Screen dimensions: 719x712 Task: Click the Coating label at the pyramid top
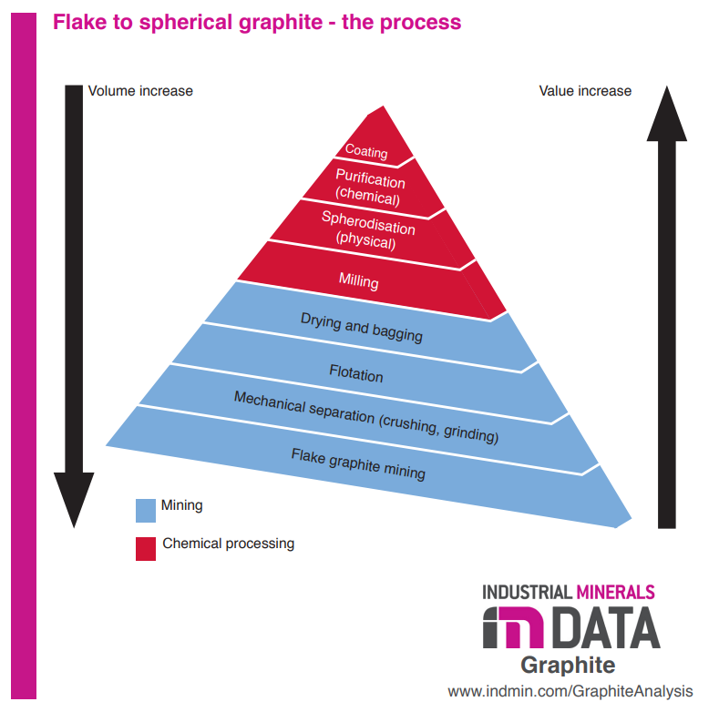pyautogui.click(x=366, y=152)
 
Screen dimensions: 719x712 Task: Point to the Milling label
pyautogui.click(x=358, y=281)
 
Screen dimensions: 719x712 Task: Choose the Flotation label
pyautogui.click(x=355, y=373)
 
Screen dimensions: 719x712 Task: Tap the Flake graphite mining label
pyautogui.click(x=358, y=463)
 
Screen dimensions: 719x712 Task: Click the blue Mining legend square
pyautogui.click(x=146, y=509)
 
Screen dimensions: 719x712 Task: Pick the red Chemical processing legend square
pyautogui.click(x=146, y=548)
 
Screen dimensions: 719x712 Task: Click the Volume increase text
pyautogui.click(x=139, y=91)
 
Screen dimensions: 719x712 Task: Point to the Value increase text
pyautogui.click(x=585, y=91)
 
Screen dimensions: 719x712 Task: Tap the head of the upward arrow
pyautogui.click(x=667, y=114)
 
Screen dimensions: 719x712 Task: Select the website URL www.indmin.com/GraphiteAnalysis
pyautogui.click(x=570, y=691)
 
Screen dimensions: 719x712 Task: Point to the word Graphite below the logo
pyautogui.click(x=568, y=664)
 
